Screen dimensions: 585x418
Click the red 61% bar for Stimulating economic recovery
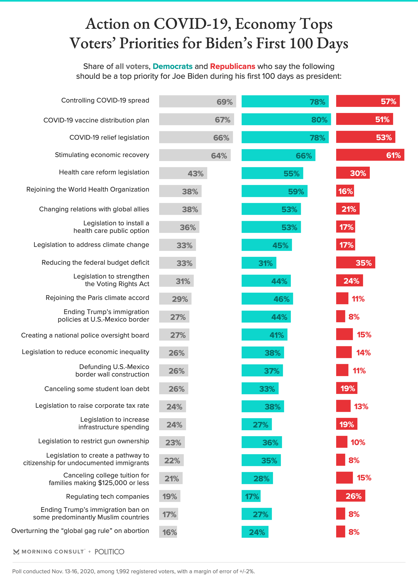[x=370, y=155]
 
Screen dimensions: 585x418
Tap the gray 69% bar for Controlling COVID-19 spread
[x=197, y=101]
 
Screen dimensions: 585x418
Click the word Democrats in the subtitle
[x=172, y=66]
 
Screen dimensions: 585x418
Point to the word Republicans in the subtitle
[x=233, y=66]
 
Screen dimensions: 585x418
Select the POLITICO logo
[x=109, y=551]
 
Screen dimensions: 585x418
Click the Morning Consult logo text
[x=53, y=551]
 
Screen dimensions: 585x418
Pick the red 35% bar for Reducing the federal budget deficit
[x=356, y=263]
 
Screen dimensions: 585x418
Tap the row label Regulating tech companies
[x=107, y=496]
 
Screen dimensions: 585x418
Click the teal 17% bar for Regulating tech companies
[x=251, y=496]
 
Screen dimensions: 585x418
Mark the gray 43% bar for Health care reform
[x=183, y=173]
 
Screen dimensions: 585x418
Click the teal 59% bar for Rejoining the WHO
[x=274, y=191]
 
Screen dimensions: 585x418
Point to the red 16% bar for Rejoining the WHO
[x=345, y=191]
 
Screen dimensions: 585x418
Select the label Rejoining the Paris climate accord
[x=97, y=298]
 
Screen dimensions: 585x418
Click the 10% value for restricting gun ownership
[x=358, y=442]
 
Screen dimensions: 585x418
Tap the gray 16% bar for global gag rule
[x=168, y=532]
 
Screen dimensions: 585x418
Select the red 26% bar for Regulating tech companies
[x=351, y=496]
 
